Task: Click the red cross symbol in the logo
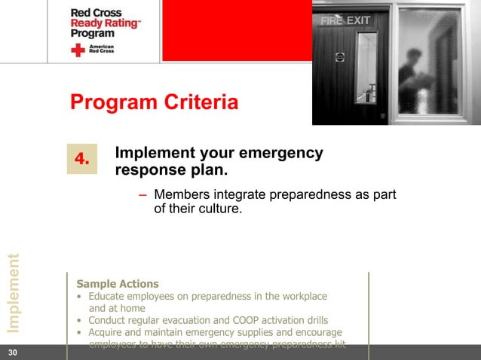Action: click(78, 50)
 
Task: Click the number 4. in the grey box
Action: click(82, 159)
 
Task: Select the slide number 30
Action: click(12, 352)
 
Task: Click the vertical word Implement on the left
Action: click(13, 293)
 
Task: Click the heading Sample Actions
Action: click(118, 284)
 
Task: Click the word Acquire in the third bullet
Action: click(107, 332)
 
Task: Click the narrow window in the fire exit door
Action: click(366, 68)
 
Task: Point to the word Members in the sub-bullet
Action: click(180, 196)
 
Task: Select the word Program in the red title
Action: click(110, 102)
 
